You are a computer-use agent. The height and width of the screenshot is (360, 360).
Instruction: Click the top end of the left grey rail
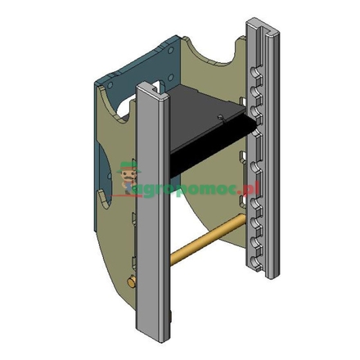pos(151,89)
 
